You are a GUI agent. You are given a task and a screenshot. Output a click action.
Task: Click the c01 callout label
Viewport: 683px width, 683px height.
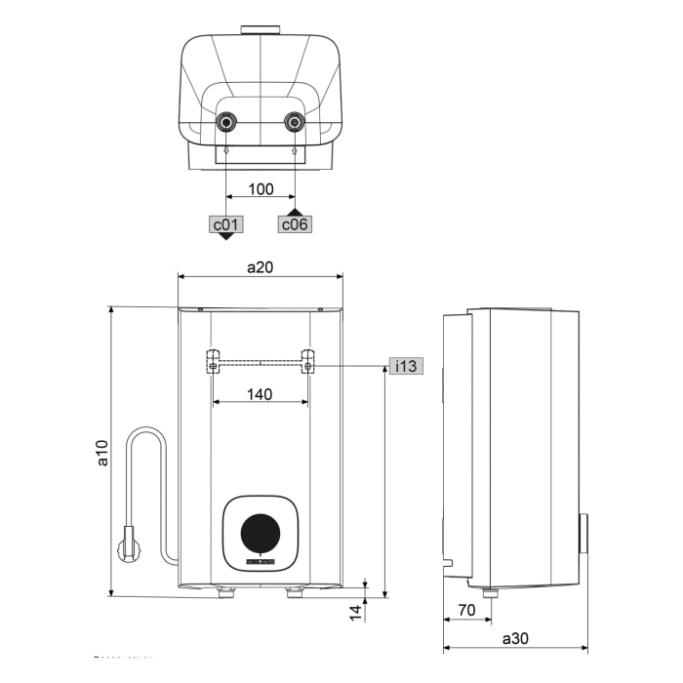[226, 224]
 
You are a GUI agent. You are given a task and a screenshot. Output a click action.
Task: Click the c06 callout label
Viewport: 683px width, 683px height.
[296, 224]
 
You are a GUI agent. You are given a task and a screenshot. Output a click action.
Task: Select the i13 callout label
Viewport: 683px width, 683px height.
[405, 366]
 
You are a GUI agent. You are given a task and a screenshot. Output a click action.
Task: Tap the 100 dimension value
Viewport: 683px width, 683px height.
[261, 189]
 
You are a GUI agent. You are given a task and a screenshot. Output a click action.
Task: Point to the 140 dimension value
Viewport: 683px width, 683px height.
[259, 394]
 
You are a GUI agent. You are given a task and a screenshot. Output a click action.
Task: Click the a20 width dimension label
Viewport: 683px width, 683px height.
[260, 266]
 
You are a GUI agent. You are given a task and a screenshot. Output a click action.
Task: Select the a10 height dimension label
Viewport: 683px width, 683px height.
[102, 452]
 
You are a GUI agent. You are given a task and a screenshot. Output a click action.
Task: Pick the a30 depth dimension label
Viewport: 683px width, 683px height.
[515, 638]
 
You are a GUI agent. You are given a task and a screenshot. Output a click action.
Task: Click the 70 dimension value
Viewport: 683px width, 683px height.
[466, 611]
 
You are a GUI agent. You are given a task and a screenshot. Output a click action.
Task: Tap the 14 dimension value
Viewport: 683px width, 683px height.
[356, 612]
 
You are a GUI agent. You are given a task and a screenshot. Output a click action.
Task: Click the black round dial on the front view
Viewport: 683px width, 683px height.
[260, 534]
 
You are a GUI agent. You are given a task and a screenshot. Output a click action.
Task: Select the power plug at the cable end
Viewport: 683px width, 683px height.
[127, 544]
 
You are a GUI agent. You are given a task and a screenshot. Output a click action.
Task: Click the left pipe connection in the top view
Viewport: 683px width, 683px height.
[226, 124]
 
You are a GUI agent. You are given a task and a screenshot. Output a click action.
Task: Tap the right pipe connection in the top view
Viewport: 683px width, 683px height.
[295, 124]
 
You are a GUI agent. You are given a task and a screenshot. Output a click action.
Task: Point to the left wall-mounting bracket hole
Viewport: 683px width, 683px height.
[212, 366]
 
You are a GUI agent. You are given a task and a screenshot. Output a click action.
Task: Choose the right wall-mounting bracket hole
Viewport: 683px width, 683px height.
[307, 366]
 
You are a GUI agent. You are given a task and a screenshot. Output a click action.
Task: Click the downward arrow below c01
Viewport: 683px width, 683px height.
[226, 237]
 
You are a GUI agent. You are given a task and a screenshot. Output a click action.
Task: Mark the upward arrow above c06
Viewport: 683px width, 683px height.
[296, 211]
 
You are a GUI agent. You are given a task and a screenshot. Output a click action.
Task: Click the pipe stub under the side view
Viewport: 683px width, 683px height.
[490, 592]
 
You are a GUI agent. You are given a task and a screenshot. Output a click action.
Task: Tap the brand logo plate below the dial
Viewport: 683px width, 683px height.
[261, 562]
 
